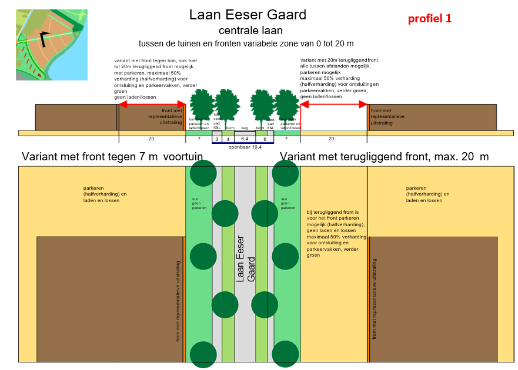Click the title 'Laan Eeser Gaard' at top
[x=248, y=15]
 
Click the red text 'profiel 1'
[x=430, y=18]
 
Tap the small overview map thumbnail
[x=52, y=45]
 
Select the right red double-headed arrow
[x=334, y=105]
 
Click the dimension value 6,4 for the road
[x=245, y=139]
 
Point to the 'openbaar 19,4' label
[x=245, y=147]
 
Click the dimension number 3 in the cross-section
[x=216, y=139]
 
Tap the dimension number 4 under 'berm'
[x=228, y=139]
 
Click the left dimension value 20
[x=151, y=139]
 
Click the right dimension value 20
[x=331, y=139]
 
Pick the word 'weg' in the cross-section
[x=245, y=128]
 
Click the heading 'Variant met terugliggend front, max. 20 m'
[x=384, y=157]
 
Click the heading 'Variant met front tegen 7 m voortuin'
[x=112, y=157]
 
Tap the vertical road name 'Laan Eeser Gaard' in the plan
[x=245, y=258]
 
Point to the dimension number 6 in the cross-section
[x=265, y=139]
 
